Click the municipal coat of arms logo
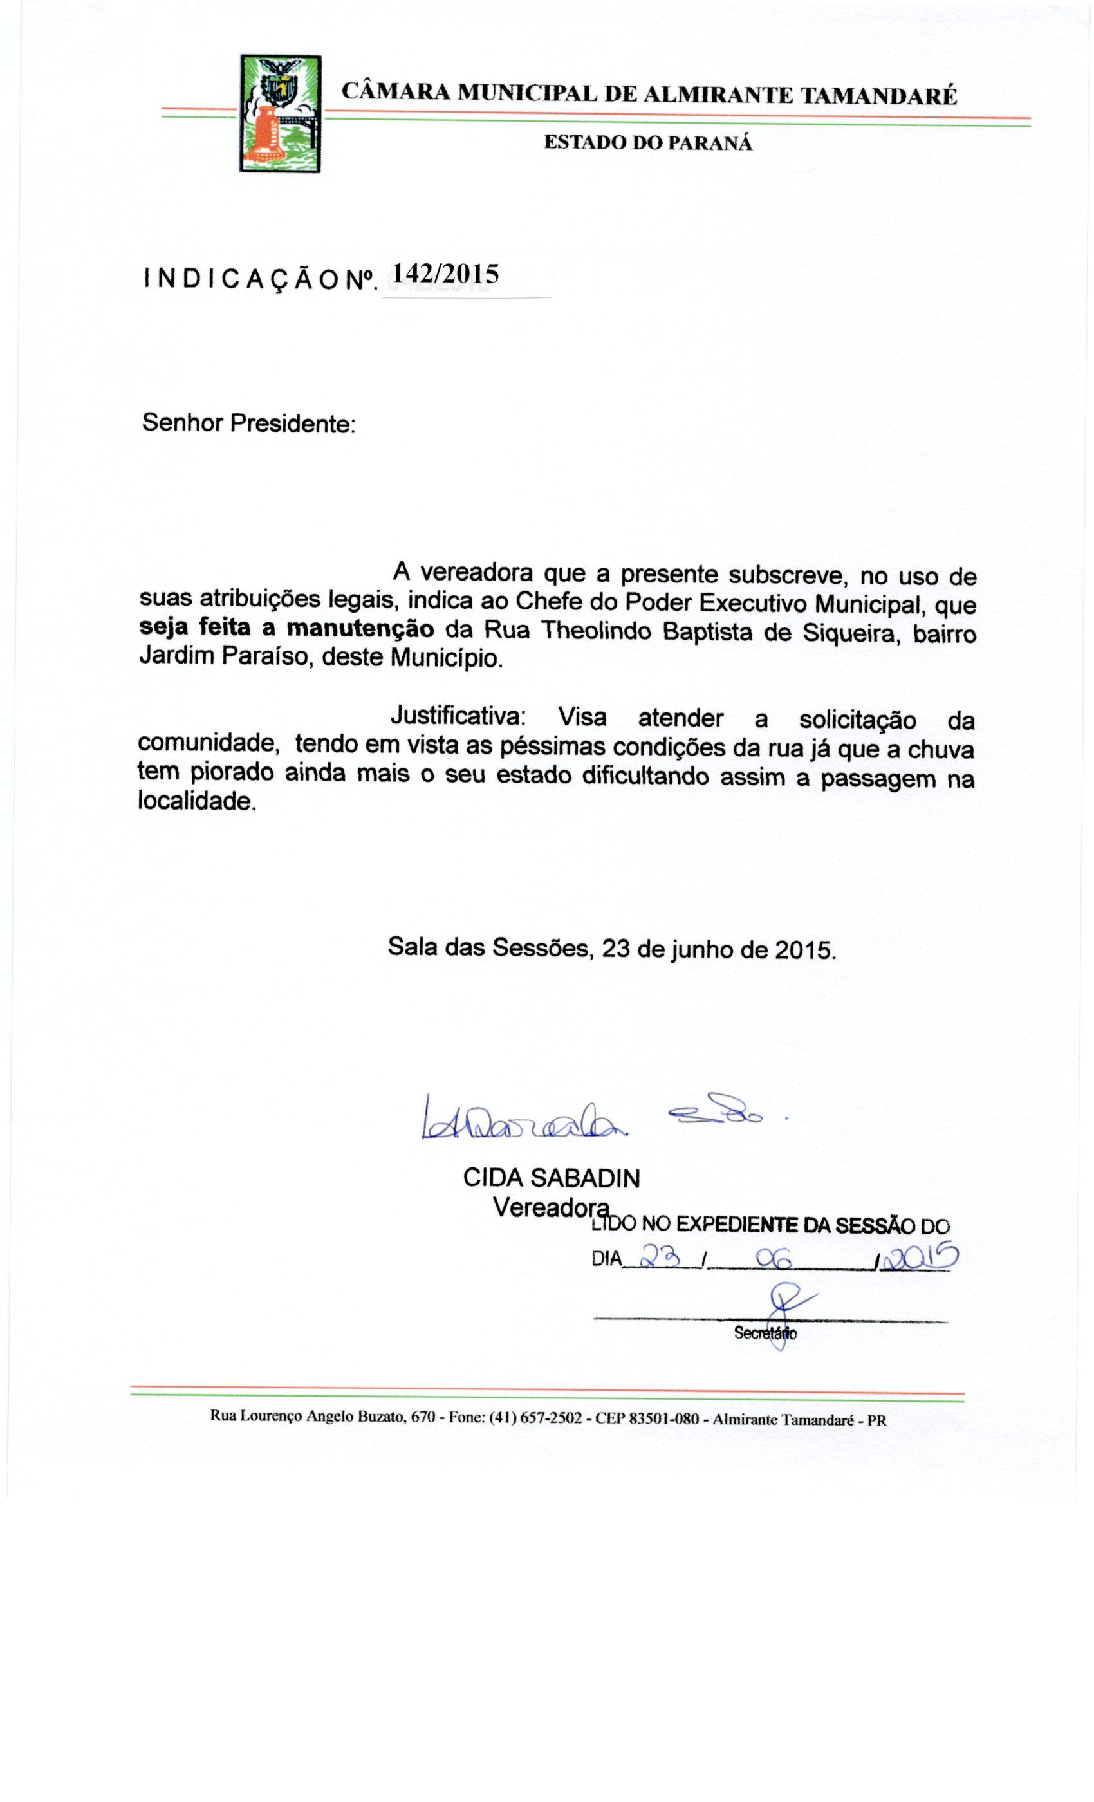pos(280,113)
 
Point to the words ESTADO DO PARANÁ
pos(648,143)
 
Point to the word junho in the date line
pos(701,949)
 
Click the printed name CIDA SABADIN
pos(552,1178)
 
